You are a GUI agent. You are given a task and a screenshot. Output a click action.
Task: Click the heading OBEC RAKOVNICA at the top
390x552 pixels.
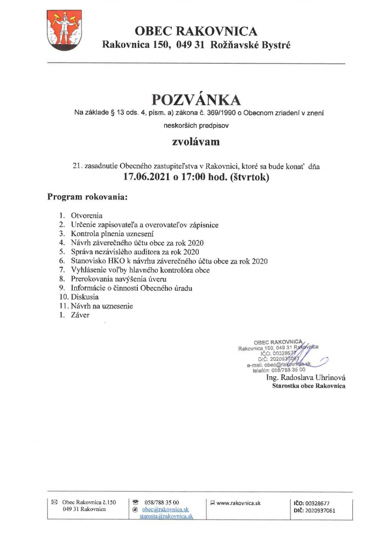tap(196, 31)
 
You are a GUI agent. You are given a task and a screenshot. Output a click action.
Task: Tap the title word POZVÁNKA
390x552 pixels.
tap(196, 100)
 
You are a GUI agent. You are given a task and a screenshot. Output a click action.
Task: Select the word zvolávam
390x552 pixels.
tap(196, 143)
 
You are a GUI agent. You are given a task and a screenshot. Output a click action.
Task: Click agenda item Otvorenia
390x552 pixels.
tap(87, 216)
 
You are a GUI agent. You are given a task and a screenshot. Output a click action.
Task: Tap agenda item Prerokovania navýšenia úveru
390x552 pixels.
tap(119, 279)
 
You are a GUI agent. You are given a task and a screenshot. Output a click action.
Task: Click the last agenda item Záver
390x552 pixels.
tap(80, 315)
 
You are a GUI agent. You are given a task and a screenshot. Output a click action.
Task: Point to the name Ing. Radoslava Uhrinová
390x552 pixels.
tap(306, 378)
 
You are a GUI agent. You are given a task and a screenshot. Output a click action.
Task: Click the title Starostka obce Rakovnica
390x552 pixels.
tap(309, 386)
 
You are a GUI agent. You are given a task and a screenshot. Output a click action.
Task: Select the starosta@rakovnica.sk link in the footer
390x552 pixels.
tap(166, 516)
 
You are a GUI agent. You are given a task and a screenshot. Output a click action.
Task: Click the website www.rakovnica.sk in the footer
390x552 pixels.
tap(238, 502)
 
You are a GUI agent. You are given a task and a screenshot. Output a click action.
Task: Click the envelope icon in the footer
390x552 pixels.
tap(54, 502)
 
